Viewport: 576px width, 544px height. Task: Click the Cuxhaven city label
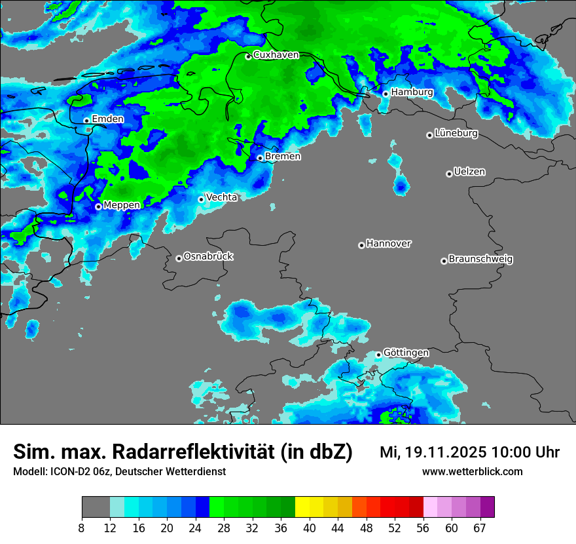pyautogui.click(x=276, y=55)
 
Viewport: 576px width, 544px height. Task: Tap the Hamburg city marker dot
pyautogui.click(x=386, y=94)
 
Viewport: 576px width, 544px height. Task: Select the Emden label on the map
pyautogui.click(x=107, y=119)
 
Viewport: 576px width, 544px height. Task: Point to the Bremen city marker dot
pyautogui.click(x=260, y=158)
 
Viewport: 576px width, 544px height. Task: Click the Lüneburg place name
pyautogui.click(x=456, y=134)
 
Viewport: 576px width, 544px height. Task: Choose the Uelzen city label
pyautogui.click(x=469, y=172)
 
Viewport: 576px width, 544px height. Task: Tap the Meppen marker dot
pyautogui.click(x=98, y=206)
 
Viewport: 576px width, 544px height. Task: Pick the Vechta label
pyautogui.click(x=221, y=197)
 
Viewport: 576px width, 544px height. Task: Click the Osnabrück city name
pyautogui.click(x=208, y=257)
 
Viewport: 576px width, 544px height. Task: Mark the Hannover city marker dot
pyautogui.click(x=361, y=245)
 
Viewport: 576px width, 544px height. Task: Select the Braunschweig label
pyautogui.click(x=480, y=260)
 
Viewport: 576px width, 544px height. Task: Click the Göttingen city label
pyautogui.click(x=406, y=353)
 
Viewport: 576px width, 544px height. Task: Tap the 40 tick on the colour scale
pyautogui.click(x=310, y=528)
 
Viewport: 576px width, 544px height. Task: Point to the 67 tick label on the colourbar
pyautogui.click(x=480, y=528)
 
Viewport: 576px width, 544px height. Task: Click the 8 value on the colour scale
pyautogui.click(x=82, y=528)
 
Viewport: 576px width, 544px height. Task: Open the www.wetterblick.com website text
pyautogui.click(x=473, y=472)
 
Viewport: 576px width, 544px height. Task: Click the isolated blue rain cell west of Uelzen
pyautogui.click(x=401, y=185)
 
